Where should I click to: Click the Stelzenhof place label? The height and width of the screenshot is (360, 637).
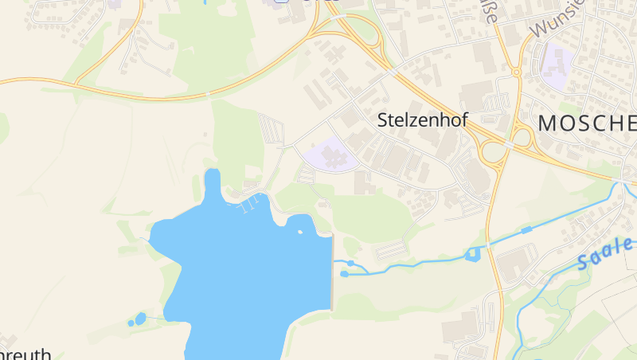(421, 120)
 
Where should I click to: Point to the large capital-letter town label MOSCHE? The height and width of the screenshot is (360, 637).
(588, 123)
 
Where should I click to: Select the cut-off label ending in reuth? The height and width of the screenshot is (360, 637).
(26, 354)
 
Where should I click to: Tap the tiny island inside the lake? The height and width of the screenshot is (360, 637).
(300, 232)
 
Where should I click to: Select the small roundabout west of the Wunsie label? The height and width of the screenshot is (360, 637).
(515, 72)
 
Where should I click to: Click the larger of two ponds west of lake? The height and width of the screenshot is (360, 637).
(141, 319)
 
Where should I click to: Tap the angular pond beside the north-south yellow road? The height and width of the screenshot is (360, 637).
(474, 255)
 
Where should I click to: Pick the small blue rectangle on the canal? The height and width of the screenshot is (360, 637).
(526, 230)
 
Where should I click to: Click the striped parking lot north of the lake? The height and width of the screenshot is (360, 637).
(271, 127)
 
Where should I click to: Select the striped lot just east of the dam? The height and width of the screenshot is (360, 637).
(393, 252)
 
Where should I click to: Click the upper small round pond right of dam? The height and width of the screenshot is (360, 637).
(350, 263)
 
